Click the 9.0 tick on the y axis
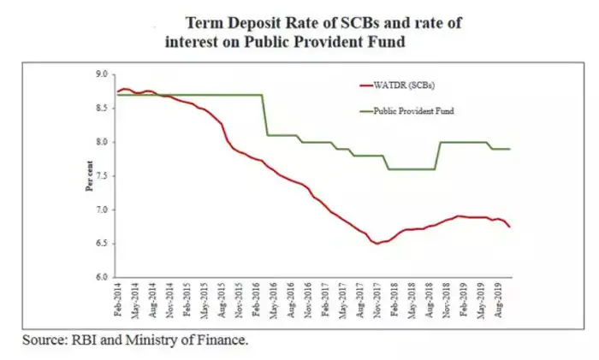101,75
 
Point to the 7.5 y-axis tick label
101,176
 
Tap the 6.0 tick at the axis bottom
101,278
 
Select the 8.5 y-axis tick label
101,109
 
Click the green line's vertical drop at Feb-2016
263,115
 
